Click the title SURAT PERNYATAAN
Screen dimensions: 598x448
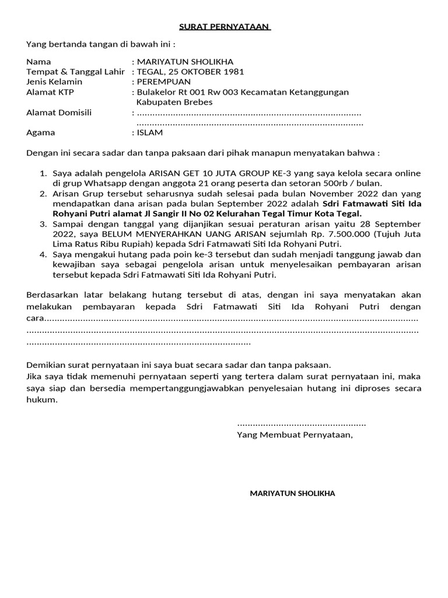click(223, 27)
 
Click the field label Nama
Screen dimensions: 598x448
click(39, 62)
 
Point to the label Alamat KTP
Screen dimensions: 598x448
click(50, 92)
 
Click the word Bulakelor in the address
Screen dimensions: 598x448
click(156, 92)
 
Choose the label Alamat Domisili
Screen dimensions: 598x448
click(59, 113)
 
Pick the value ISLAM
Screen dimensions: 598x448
click(150, 133)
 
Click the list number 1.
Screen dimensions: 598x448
click(43, 173)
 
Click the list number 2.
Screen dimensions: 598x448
click(43, 194)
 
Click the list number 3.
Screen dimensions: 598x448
click(43, 224)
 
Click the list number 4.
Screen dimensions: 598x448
click(43, 255)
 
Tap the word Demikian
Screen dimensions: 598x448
click(46, 365)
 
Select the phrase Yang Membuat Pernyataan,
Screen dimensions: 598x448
click(295, 435)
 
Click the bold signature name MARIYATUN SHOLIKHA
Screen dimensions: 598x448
click(292, 493)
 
